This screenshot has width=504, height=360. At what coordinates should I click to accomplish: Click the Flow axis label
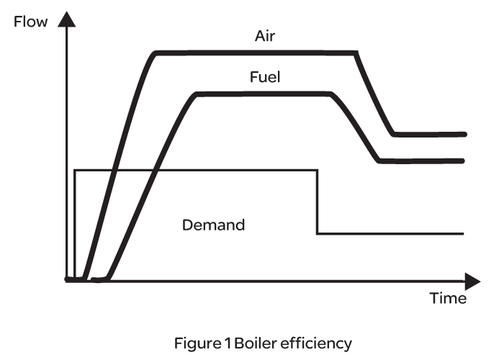tap(31, 21)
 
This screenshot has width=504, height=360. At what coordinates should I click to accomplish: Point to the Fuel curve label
tap(266, 77)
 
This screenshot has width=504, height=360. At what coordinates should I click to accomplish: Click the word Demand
tap(214, 225)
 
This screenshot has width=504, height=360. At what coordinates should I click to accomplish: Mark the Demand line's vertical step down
tap(317, 202)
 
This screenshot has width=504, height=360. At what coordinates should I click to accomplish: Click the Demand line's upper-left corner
tap(75, 171)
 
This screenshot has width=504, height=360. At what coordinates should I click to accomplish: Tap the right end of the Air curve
tap(466, 134)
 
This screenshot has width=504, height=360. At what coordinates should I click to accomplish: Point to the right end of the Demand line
tap(462, 233)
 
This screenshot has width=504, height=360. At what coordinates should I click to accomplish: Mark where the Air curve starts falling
tap(356, 53)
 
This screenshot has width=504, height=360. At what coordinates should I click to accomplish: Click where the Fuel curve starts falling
tap(330, 94)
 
